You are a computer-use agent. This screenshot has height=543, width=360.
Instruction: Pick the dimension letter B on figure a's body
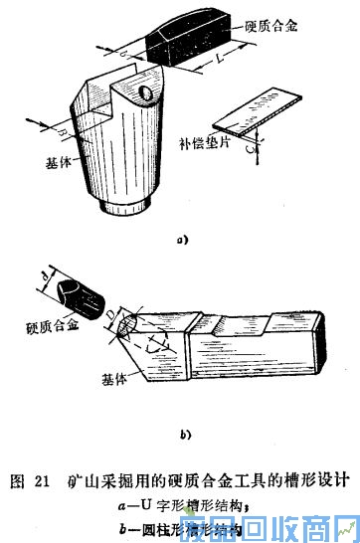click(x=64, y=130)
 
